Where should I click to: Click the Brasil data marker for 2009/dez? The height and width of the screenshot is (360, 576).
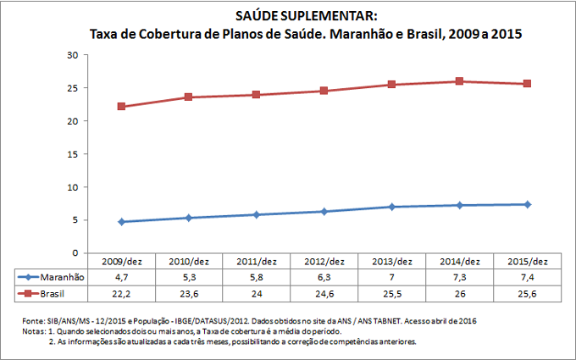point(121,107)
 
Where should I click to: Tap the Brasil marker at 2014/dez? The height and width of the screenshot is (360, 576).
point(458,81)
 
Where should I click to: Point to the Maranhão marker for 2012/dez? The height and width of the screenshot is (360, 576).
point(324,211)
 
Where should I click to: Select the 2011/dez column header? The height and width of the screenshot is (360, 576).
point(256,261)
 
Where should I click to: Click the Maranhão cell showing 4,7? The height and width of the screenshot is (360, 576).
point(121,277)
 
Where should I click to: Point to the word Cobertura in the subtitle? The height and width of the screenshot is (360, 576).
point(191,35)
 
